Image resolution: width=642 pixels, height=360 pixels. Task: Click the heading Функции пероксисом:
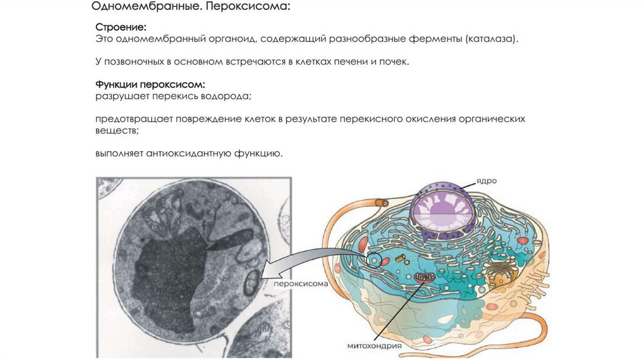(150, 84)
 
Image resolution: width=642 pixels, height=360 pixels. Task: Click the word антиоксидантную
(188, 152)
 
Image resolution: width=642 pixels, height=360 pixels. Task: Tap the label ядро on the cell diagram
(487, 181)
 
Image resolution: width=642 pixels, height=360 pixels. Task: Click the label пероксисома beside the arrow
(301, 283)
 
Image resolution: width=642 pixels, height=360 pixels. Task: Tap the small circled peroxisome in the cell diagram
(374, 258)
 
